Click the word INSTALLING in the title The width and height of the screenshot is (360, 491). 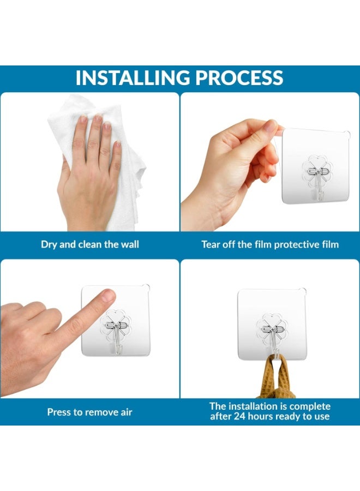tap(133, 77)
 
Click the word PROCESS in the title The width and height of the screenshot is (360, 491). tap(239, 77)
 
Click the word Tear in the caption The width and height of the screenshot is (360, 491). tap(211, 244)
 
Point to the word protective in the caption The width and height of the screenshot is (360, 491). tap(294, 244)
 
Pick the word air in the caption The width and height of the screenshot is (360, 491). tap(126, 412)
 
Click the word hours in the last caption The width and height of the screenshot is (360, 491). tap(260, 416)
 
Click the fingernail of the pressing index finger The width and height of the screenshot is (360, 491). tap(109, 295)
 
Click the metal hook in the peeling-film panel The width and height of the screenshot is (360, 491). tap(319, 182)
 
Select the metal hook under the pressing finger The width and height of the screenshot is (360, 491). tap(117, 337)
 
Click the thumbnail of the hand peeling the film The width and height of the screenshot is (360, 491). tap(270, 125)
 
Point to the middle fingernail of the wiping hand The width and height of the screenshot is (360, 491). tap(98, 118)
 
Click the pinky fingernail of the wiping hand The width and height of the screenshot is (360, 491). tap(118, 144)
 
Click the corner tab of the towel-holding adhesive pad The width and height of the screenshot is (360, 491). tap(302, 291)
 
